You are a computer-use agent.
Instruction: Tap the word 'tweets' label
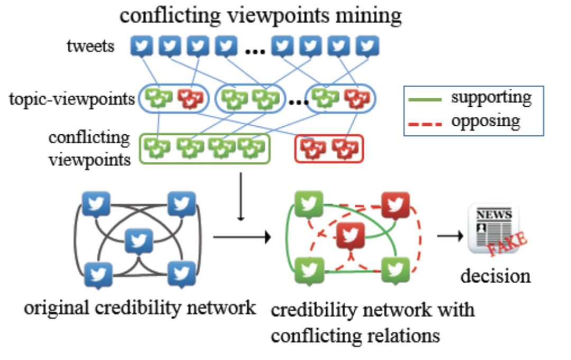point(90,47)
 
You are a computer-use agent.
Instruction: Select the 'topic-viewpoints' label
point(72,99)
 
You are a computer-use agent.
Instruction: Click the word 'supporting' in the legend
point(491,97)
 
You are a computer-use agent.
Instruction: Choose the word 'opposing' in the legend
point(485,121)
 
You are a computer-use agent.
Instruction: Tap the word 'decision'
point(495,275)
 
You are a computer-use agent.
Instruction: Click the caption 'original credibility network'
point(140,307)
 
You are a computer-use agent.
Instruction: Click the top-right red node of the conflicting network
point(395,207)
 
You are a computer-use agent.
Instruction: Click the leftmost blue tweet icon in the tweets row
point(142,47)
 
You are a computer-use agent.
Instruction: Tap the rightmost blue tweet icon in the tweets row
point(367,47)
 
